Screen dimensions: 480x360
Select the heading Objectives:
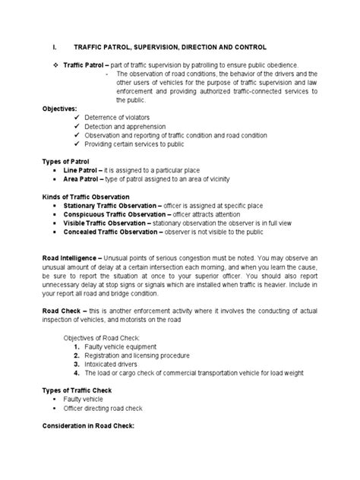point(62,109)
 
